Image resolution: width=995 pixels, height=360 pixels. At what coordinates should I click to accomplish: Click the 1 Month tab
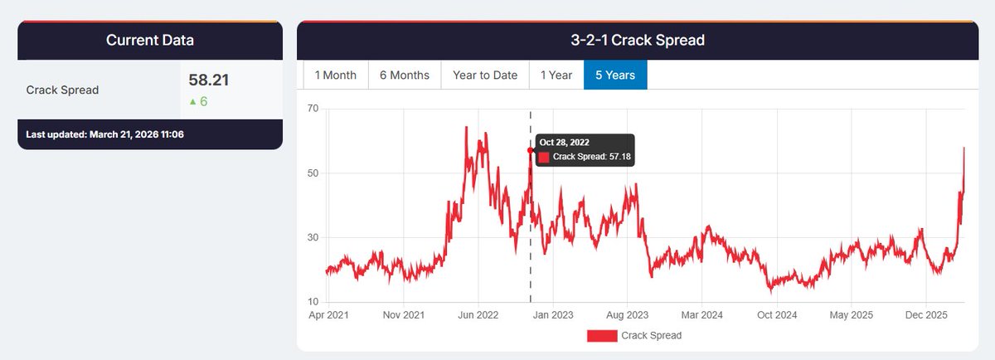coord(335,75)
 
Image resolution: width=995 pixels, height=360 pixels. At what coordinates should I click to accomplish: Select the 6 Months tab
coord(405,75)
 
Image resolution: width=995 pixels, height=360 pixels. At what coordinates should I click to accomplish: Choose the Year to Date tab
coord(485,75)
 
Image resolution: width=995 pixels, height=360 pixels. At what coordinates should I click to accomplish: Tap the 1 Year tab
coord(556,75)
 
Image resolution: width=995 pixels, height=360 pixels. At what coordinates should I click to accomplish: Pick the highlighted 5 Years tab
coord(615,75)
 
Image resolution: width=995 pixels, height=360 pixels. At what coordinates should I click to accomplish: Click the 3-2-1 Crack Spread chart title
coord(638,40)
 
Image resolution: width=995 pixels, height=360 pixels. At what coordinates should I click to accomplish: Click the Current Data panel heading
coord(150,40)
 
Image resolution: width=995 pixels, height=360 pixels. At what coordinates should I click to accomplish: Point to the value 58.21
coord(209,80)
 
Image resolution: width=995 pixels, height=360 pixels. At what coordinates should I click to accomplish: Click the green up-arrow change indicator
coord(193,102)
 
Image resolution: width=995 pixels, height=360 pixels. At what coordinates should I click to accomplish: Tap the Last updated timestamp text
coord(104,134)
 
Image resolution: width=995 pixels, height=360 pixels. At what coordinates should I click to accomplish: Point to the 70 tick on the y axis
coord(312,109)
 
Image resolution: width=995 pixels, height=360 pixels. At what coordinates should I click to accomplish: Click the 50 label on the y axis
coord(312,173)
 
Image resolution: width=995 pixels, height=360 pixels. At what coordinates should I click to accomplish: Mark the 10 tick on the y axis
coord(312,302)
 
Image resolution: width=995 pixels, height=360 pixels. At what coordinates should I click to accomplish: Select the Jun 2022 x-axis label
coord(478,315)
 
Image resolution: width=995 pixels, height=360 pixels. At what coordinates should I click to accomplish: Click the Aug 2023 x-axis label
coord(627,315)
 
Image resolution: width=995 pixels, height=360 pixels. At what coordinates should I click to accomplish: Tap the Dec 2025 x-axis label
coord(925,315)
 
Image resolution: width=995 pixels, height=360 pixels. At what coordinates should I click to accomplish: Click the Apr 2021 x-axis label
coord(328,315)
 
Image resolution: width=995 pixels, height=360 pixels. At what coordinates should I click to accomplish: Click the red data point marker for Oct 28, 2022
coord(531,150)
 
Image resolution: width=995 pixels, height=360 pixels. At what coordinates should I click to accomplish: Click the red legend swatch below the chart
coord(602,335)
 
